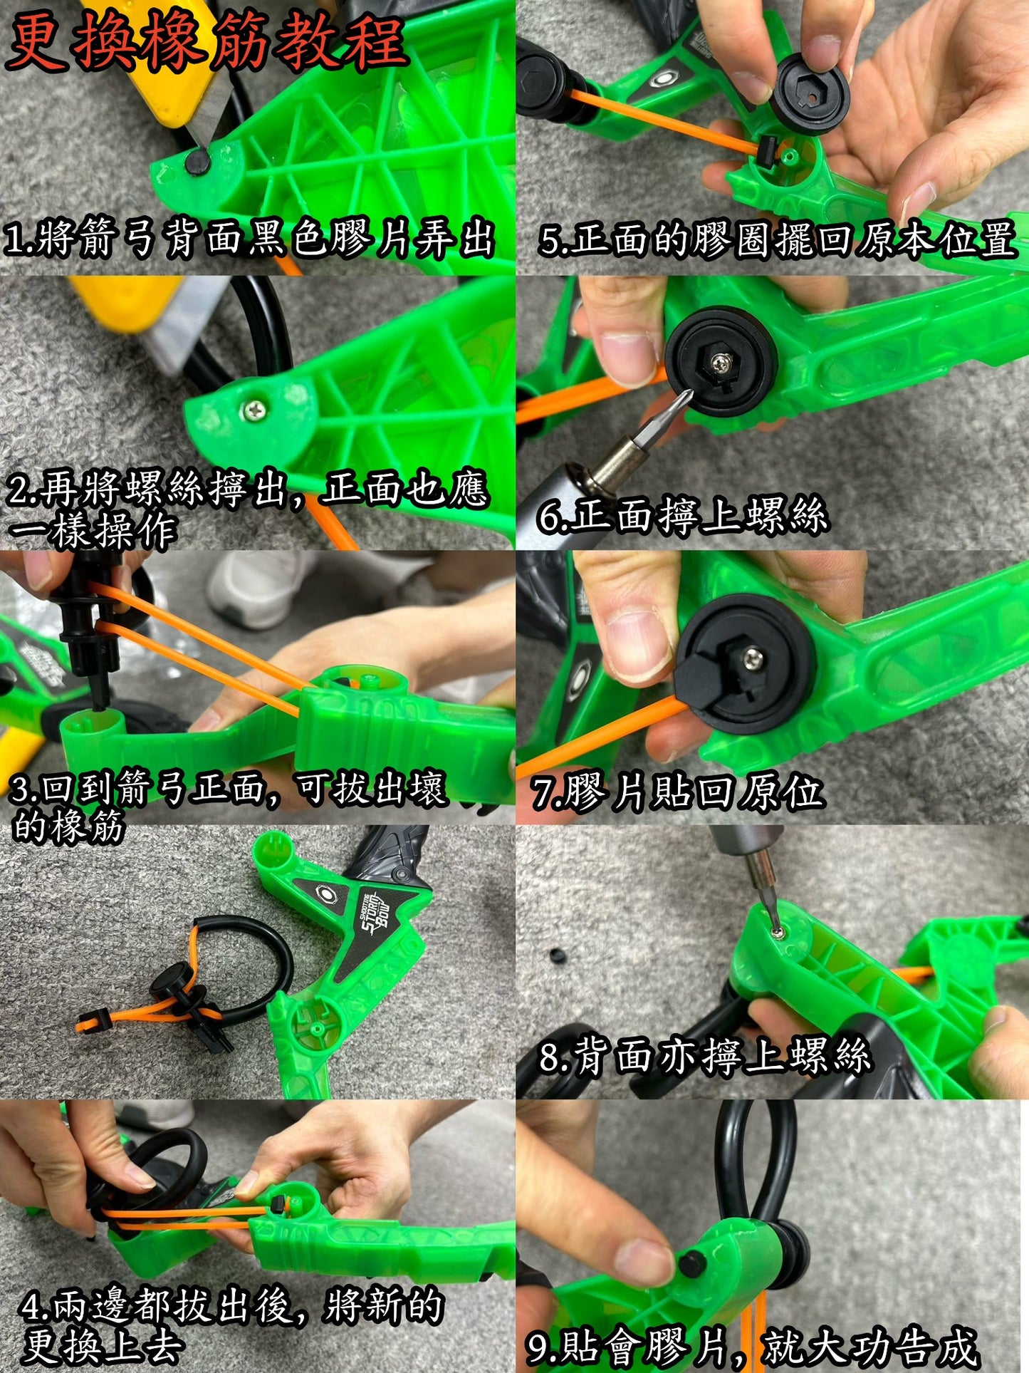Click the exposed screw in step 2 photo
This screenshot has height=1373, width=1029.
254,410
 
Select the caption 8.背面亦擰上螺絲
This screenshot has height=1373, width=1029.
705,1056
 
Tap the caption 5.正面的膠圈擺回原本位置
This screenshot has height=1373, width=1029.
776,239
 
